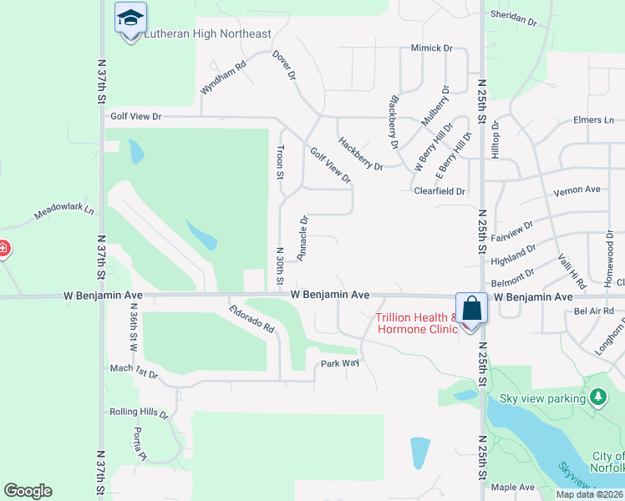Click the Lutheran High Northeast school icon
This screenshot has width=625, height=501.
tap(130, 18)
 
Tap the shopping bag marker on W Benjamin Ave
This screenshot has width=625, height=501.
tap(471, 309)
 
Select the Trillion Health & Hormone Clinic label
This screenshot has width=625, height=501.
tap(417, 322)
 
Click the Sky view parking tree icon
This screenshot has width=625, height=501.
tap(598, 397)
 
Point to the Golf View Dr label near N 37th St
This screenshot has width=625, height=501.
tap(135, 117)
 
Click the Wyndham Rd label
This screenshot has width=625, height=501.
tap(223, 77)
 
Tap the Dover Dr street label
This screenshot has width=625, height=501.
tap(285, 65)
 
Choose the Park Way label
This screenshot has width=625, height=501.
tap(340, 363)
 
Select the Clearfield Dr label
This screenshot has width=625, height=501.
tap(440, 191)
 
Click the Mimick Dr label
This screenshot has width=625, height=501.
tap(431, 48)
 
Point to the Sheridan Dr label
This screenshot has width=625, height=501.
tap(511, 18)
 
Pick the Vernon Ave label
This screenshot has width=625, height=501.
tap(577, 190)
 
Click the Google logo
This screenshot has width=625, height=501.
tap(28, 491)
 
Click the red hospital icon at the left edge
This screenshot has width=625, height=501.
tap(3, 249)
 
